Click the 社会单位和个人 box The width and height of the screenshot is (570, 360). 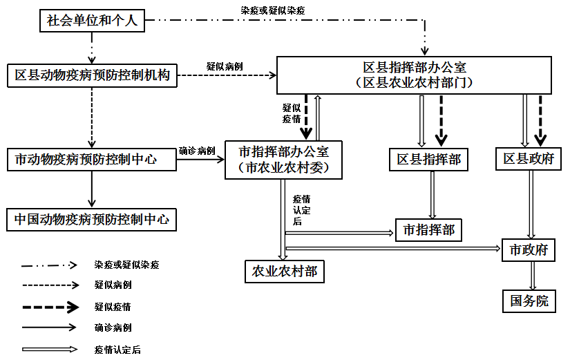(x=92, y=21)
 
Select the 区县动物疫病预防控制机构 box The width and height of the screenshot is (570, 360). (x=92, y=75)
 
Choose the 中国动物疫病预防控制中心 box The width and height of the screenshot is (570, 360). (x=92, y=220)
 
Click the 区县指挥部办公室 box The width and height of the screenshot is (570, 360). (x=415, y=75)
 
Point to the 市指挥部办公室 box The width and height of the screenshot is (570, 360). (x=283, y=159)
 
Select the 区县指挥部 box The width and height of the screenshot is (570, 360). (x=428, y=159)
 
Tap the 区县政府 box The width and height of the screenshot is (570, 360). (x=529, y=159)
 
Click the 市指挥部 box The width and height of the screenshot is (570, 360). (x=428, y=229)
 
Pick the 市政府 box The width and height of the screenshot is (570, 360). (x=529, y=249)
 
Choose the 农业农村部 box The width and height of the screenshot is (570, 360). (x=285, y=271)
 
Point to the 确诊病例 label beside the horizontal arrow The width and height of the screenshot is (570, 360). (x=197, y=151)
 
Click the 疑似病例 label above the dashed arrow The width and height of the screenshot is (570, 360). (x=223, y=66)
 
